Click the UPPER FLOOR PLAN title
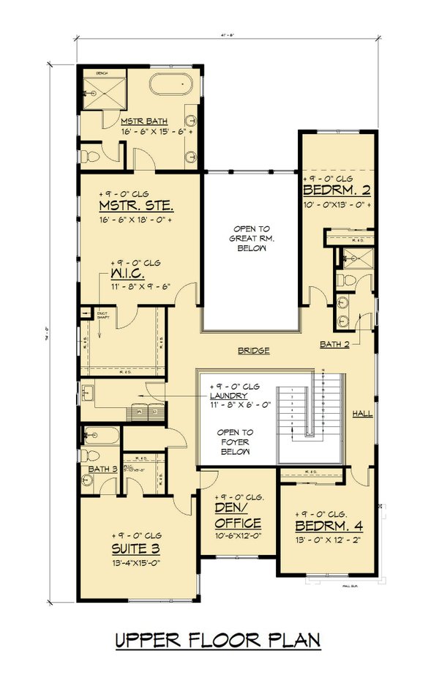point(218,640)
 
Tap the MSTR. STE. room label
point(138,205)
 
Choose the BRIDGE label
point(253,351)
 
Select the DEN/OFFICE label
point(238,516)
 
